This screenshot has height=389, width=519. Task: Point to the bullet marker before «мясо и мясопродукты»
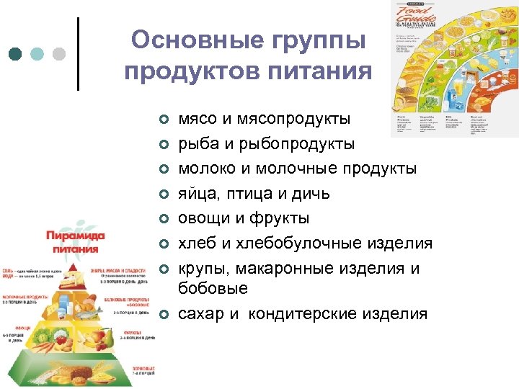click(x=164, y=119)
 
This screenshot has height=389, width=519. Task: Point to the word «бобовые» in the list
click(x=213, y=288)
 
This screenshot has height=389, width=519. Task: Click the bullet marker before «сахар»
click(x=164, y=314)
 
